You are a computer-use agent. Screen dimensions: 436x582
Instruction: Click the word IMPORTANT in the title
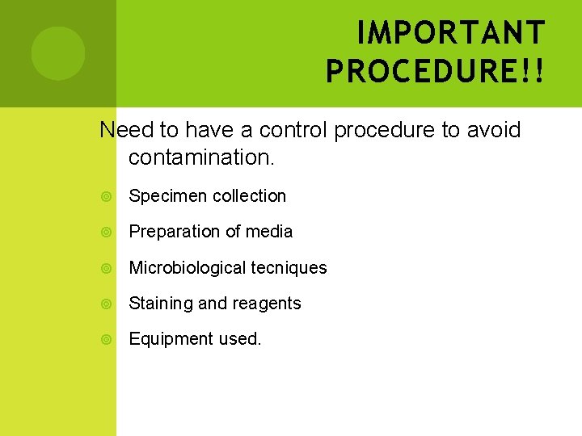[x=450, y=33]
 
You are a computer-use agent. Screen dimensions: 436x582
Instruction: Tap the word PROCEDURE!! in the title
[x=435, y=70]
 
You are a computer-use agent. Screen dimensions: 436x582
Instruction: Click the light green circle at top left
[x=58, y=53]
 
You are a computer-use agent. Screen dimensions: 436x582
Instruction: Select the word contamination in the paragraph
[x=201, y=157]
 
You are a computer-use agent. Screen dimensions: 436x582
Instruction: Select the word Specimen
[x=162, y=196]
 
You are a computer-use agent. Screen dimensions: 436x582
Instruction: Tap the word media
[x=269, y=232]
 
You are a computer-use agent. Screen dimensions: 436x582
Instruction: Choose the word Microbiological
[x=188, y=268]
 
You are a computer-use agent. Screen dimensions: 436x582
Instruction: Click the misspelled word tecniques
[x=289, y=268]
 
